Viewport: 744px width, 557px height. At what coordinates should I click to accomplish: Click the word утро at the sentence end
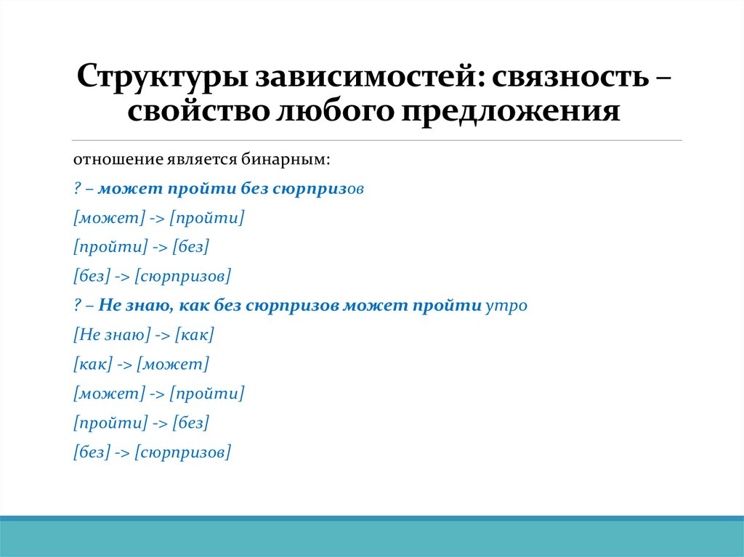click(x=506, y=306)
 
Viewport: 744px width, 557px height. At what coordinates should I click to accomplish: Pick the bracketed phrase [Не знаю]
click(x=112, y=335)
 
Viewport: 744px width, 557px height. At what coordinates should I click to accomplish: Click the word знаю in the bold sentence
click(x=145, y=306)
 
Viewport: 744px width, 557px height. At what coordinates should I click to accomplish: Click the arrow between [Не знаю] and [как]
click(x=163, y=335)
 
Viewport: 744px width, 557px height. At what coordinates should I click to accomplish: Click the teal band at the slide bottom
click(x=372, y=539)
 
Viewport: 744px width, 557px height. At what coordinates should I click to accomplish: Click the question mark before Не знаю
click(x=76, y=306)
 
